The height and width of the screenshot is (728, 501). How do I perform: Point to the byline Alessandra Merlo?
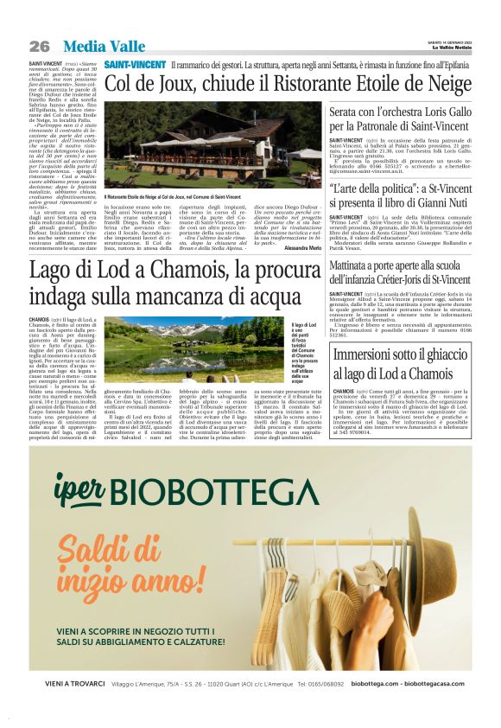click(301, 247)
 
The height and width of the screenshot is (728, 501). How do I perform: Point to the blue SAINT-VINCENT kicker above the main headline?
click(135, 66)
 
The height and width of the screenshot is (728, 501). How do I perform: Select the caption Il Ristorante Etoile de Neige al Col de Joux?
click(173, 197)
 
